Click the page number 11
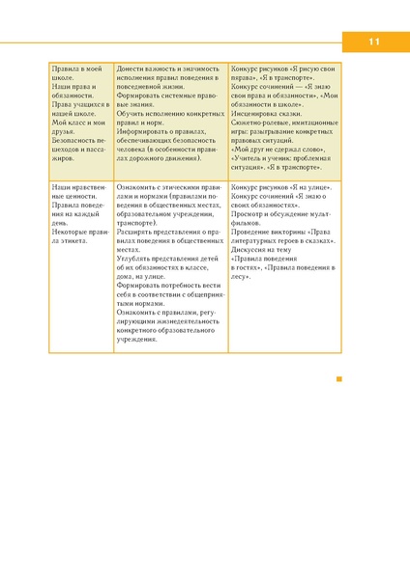pos(374,42)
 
